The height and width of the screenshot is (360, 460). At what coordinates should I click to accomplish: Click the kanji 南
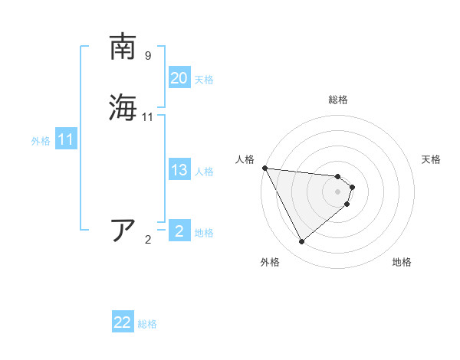123,47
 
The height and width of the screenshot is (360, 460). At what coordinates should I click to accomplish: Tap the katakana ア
123,231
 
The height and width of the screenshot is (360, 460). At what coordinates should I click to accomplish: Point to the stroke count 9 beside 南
148,56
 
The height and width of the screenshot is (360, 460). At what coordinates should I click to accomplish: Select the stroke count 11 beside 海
148,117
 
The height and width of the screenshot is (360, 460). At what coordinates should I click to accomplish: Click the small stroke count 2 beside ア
148,240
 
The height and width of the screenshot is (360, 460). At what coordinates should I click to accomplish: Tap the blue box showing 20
179,78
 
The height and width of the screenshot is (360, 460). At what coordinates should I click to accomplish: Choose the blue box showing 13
179,170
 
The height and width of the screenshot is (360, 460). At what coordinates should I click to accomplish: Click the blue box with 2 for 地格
179,231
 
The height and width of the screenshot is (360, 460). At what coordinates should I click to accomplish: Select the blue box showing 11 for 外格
66,139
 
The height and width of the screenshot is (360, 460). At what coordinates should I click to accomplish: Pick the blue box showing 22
123,323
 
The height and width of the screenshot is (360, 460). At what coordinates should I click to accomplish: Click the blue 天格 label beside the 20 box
204,80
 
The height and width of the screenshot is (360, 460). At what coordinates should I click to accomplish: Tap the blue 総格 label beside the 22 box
147,324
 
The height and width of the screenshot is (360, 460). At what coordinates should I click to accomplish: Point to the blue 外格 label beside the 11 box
41,141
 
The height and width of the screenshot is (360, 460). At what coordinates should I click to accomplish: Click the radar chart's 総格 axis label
338,100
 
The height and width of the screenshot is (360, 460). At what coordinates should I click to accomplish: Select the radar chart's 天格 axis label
431,159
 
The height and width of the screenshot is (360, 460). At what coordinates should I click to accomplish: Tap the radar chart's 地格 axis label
402,262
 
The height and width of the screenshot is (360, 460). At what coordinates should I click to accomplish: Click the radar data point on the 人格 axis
264,168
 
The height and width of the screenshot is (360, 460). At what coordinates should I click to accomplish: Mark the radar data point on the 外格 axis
301,242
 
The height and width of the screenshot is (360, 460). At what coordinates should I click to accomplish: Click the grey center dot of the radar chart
338,191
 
